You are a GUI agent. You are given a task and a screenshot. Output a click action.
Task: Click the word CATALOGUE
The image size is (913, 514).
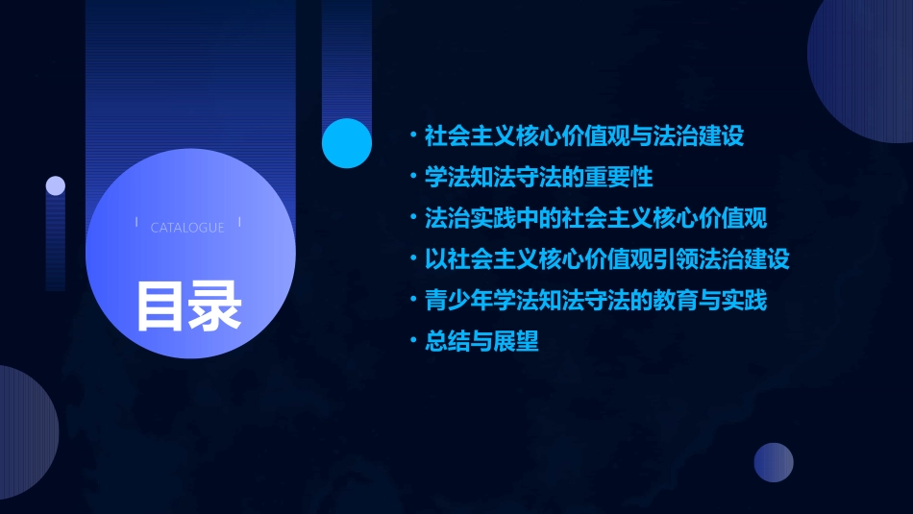(x=187, y=228)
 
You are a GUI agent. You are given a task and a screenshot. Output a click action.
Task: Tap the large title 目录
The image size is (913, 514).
(x=188, y=306)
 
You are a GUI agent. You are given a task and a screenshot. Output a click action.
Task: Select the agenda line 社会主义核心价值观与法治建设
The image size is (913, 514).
(x=584, y=135)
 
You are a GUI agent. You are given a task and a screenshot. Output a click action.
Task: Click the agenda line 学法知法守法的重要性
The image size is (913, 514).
(x=538, y=177)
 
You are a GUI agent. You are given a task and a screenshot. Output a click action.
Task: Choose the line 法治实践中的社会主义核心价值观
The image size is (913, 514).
(x=596, y=218)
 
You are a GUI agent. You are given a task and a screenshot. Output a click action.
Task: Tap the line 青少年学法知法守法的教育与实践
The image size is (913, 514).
(x=596, y=301)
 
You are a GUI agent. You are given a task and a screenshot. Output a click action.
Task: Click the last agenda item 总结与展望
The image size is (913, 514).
(x=481, y=342)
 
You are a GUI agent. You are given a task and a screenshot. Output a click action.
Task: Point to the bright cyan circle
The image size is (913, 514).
(x=347, y=143)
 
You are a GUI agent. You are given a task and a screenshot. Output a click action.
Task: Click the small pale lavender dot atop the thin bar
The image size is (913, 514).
(x=56, y=185)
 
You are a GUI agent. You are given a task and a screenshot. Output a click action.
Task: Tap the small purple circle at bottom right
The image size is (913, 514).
(x=774, y=462)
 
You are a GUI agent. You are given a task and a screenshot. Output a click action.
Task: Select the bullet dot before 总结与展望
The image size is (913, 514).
(x=412, y=342)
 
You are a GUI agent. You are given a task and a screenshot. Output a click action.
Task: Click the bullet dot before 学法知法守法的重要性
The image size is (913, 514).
(x=412, y=177)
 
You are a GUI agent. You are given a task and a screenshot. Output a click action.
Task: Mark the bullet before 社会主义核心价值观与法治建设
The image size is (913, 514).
(x=412, y=135)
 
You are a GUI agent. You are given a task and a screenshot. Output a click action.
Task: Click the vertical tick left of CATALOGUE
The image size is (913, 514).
(x=136, y=223)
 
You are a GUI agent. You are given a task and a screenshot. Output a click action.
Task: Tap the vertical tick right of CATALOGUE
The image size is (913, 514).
(x=239, y=223)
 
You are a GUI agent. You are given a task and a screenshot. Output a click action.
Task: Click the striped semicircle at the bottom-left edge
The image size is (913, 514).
(x=24, y=432)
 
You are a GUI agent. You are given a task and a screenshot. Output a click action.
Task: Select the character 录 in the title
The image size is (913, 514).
(x=215, y=306)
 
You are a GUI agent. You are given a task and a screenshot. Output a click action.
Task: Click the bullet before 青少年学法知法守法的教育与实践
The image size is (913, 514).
(x=412, y=301)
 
